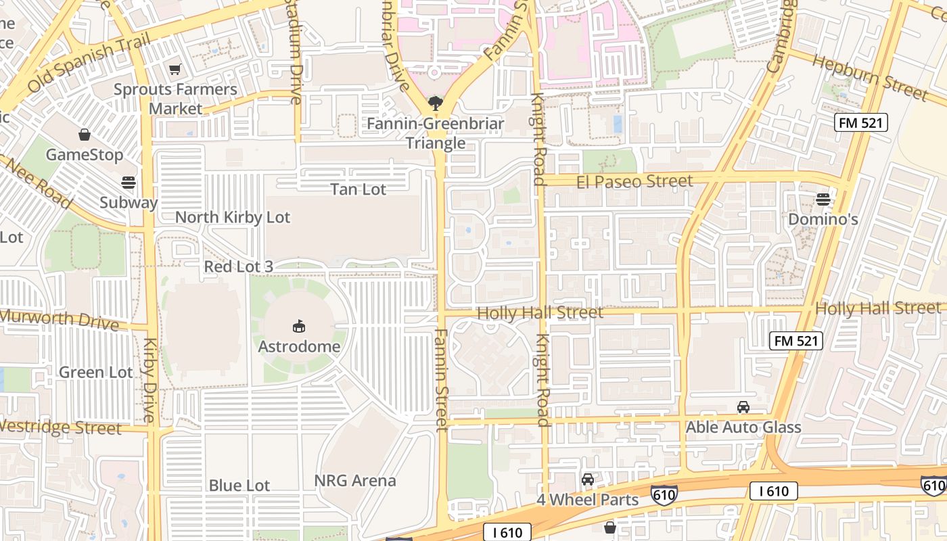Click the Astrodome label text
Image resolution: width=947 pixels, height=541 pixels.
click(299, 347)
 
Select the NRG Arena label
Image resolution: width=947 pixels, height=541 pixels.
click(355, 481)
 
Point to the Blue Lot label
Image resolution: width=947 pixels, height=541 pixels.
click(239, 486)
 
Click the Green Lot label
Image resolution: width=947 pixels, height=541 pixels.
click(96, 373)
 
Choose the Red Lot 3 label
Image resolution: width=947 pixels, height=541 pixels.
click(238, 266)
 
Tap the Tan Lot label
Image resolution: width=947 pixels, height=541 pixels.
click(358, 189)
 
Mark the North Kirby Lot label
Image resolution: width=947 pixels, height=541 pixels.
click(232, 217)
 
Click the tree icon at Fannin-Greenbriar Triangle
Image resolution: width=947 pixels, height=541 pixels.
click(435, 104)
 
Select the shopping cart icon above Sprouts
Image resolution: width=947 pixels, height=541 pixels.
click(175, 69)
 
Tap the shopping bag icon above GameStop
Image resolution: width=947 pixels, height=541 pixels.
click(85, 135)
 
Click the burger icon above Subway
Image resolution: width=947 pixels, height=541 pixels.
click(128, 182)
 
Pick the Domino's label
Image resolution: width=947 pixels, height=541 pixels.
click(823, 219)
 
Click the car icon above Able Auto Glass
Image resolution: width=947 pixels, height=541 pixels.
click(743, 406)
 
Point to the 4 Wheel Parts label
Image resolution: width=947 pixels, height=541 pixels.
click(587, 500)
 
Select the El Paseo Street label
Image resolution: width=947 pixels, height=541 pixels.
click(634, 181)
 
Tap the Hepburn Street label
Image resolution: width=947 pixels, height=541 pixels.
click(869, 76)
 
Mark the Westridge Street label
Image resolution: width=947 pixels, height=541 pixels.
click(61, 427)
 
